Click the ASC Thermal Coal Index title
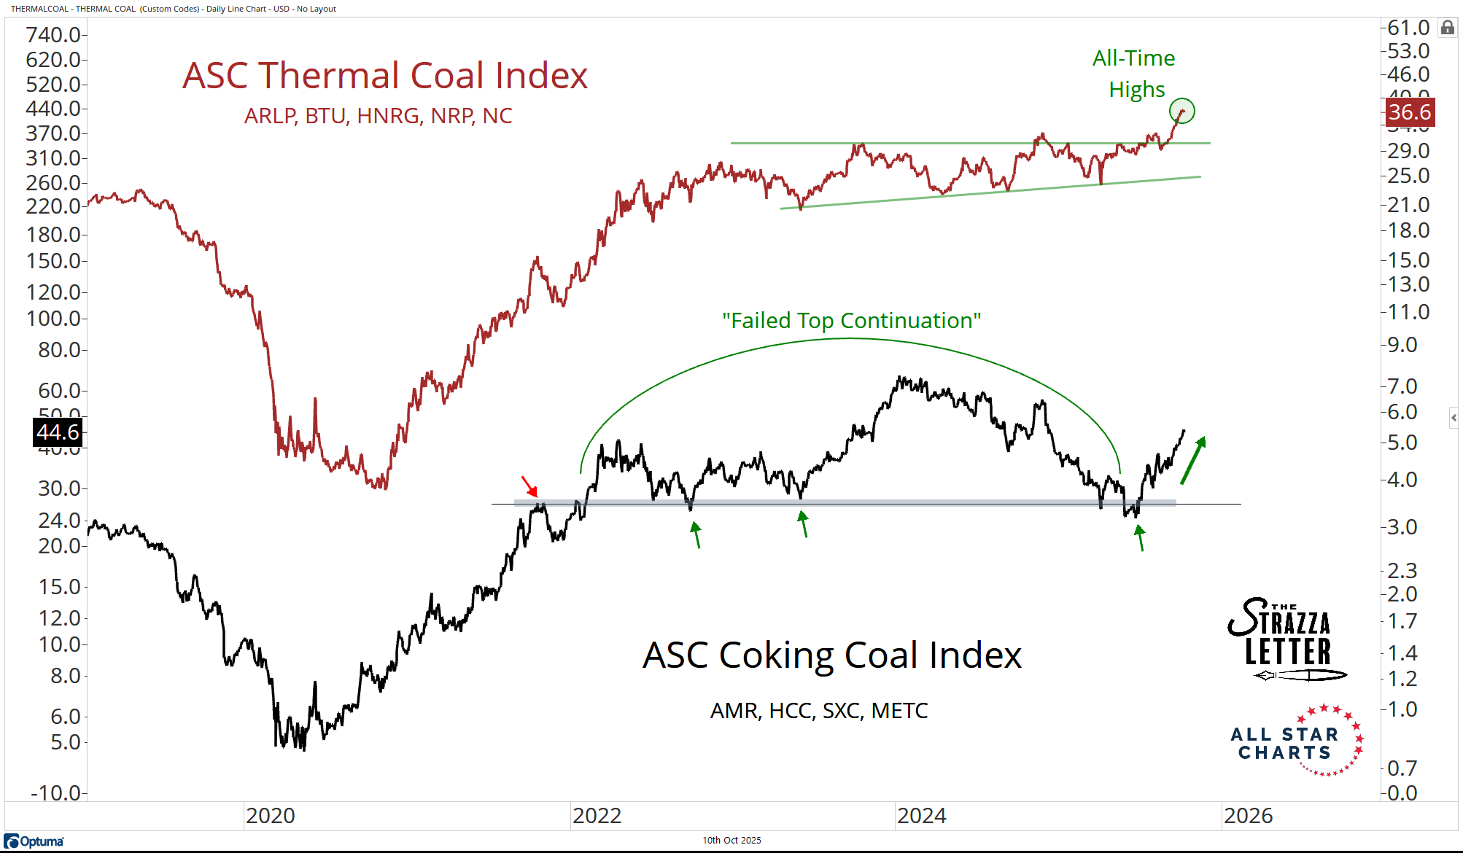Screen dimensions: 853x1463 click(385, 76)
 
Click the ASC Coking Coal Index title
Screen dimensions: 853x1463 click(831, 655)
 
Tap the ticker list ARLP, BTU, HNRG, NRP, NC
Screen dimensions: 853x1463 click(378, 116)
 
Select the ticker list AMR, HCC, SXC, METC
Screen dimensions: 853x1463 click(819, 710)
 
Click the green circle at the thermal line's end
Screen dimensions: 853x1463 click(1181, 111)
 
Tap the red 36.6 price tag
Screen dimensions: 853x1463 click(1409, 112)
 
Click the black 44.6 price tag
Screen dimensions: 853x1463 click(58, 432)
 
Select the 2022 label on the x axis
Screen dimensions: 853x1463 click(597, 815)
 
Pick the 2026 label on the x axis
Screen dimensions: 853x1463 click(1248, 815)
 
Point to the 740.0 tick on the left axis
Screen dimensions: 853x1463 click(53, 34)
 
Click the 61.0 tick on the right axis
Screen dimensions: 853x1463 click(1408, 28)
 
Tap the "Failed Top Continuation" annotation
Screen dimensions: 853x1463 click(851, 321)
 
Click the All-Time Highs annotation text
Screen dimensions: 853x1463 click(1134, 74)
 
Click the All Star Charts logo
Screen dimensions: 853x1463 click(1297, 741)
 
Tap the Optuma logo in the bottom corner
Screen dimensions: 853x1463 click(34, 841)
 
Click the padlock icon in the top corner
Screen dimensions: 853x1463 click(1447, 28)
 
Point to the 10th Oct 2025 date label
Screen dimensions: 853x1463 click(731, 840)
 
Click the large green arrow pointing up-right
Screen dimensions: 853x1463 click(1193, 460)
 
